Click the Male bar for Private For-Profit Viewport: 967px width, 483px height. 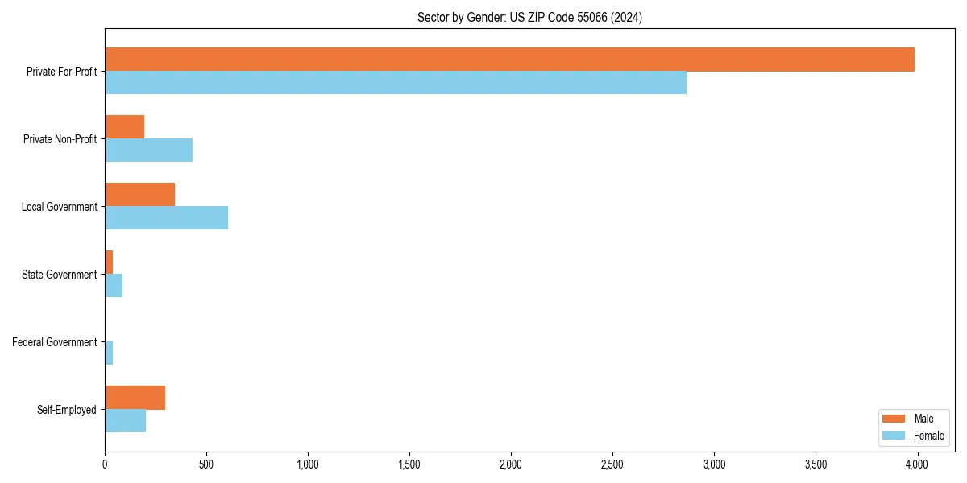[x=509, y=60]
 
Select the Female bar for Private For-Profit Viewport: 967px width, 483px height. [x=396, y=83]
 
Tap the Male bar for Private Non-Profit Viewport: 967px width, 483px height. [x=125, y=127]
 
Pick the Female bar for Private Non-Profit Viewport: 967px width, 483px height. [x=149, y=151]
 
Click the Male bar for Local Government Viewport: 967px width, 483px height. [x=140, y=195]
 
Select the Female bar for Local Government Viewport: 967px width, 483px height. [x=167, y=218]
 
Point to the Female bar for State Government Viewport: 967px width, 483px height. [x=114, y=286]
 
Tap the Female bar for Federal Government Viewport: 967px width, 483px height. [x=109, y=353]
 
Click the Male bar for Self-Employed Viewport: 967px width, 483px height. [x=135, y=398]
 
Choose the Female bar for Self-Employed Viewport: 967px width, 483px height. [x=126, y=421]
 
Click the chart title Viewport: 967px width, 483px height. [x=529, y=17]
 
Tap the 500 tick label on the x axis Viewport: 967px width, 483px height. [x=206, y=464]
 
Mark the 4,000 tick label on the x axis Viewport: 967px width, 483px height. [x=917, y=464]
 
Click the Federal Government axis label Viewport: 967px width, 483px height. [x=55, y=342]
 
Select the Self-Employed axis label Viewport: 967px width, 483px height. [x=67, y=410]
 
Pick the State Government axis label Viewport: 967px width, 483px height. [x=60, y=275]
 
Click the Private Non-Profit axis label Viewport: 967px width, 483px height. [x=60, y=139]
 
